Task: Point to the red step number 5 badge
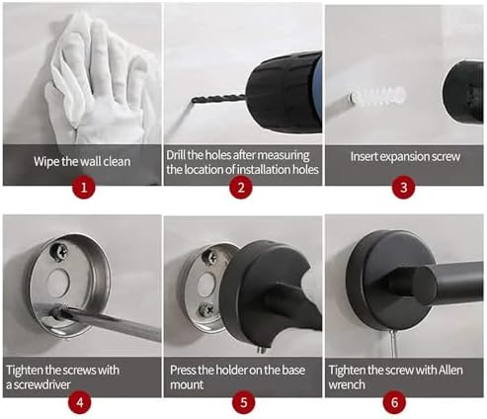point(243,403)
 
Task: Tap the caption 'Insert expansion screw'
point(404,156)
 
